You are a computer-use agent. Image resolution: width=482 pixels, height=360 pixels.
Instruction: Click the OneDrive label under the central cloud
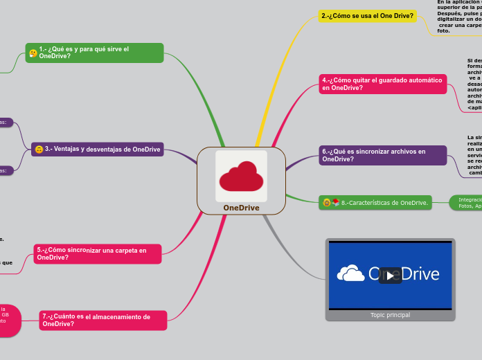[x=241, y=208]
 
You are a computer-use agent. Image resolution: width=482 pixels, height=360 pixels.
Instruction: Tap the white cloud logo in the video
[x=351, y=274]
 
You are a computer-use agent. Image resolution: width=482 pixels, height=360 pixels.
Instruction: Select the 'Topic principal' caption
[x=390, y=315]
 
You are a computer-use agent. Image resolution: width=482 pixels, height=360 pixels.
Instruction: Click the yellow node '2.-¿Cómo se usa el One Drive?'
[x=368, y=16]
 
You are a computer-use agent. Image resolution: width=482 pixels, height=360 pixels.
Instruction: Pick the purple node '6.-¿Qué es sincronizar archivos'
[x=382, y=155]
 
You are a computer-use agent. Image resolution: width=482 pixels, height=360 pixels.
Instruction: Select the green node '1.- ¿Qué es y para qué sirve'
[x=94, y=53]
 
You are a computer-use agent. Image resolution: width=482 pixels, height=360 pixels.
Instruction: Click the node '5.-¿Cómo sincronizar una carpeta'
[x=98, y=253]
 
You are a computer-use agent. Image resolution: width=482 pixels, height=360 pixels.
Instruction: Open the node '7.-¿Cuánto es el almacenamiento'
[x=103, y=321]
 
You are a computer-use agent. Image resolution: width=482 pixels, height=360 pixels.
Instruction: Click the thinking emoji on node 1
[x=33, y=53]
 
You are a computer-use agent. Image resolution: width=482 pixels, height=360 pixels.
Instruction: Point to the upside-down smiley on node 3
[x=39, y=150]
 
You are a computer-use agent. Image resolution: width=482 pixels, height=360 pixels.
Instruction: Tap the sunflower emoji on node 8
[x=325, y=203]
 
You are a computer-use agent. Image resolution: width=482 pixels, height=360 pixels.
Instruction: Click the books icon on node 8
[x=335, y=203]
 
